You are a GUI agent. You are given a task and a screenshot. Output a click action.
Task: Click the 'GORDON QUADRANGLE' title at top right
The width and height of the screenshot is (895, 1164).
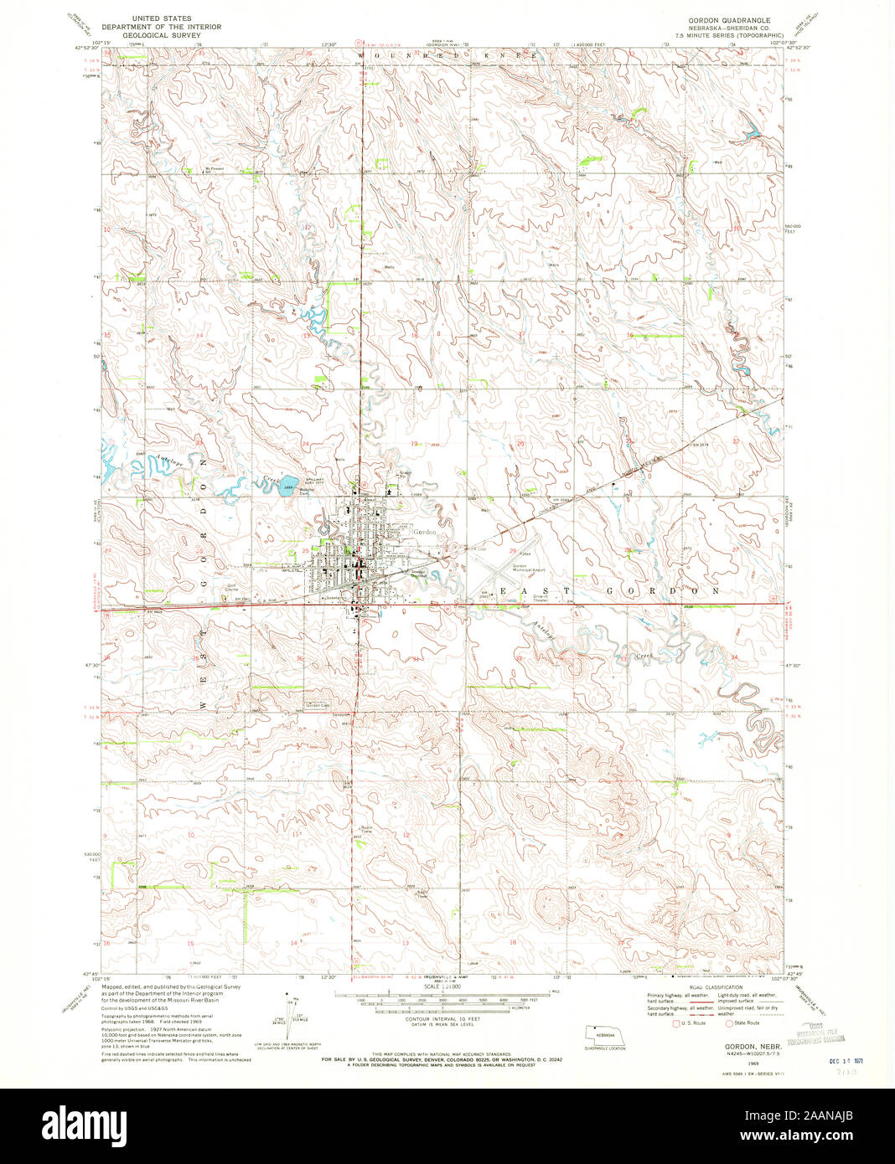coord(727,18)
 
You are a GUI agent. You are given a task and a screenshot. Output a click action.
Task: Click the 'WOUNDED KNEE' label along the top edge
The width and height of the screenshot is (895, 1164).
coord(447,54)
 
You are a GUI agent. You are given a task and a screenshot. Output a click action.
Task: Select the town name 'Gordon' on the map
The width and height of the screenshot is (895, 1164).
coord(423,532)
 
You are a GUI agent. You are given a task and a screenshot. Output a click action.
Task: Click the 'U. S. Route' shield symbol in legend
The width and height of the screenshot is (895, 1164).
coord(676,1022)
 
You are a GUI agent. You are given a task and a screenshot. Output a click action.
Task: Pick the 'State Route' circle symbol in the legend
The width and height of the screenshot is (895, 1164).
coord(728,1022)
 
